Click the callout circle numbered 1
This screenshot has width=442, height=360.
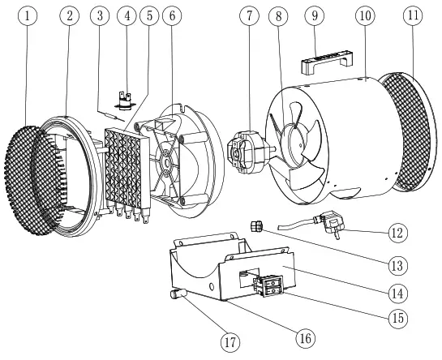tap(30, 17)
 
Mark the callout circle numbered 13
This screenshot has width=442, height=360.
tap(398, 263)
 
